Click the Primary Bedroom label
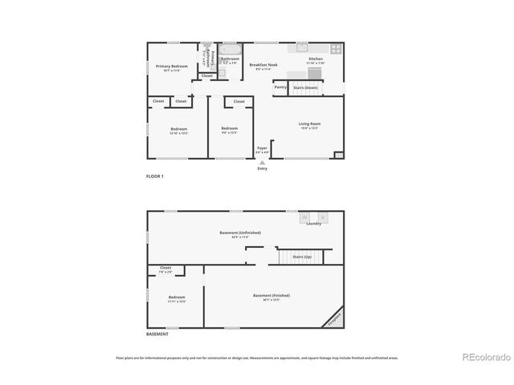tap(172, 66)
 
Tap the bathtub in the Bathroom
tap(230, 48)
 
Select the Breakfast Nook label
tap(263, 65)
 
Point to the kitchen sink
tap(302, 47)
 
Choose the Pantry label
tap(280, 87)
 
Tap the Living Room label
tap(309, 124)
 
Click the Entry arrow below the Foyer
tap(262, 162)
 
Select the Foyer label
tap(262, 148)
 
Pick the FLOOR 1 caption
tap(155, 176)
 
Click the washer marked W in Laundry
tap(305, 217)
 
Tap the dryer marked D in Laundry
tap(323, 217)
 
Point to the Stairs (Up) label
tap(302, 257)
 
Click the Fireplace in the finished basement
tap(333, 319)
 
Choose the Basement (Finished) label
tap(271, 296)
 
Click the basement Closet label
tap(165, 268)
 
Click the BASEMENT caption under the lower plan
tap(157, 334)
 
